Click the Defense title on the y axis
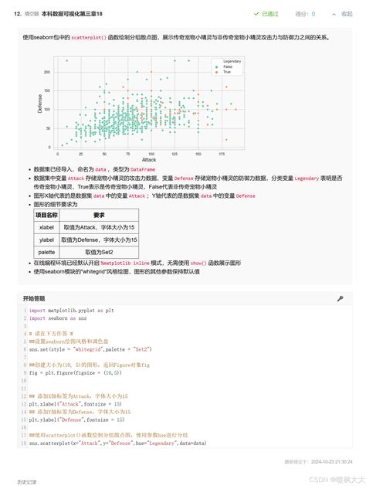pos(39,104)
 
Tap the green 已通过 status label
pos(270,14)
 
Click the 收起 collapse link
pos(347,14)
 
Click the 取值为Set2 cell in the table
pos(100,252)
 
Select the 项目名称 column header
pos(47,215)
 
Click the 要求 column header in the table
pos(100,215)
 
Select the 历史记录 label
pos(26,481)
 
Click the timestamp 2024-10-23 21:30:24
pos(327,461)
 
